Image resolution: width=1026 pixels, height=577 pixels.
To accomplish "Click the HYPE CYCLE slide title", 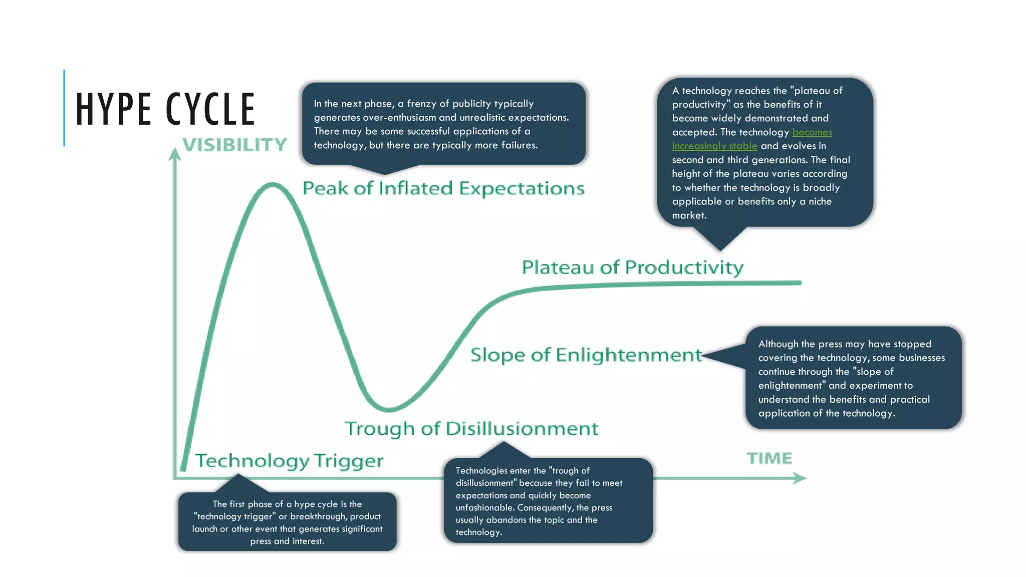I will tap(165, 109).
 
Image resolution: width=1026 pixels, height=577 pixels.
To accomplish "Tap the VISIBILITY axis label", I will tap(234, 145).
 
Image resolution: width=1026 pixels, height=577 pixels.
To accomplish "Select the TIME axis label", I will tap(769, 458).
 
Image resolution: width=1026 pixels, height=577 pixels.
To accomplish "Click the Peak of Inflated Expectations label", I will tap(443, 189).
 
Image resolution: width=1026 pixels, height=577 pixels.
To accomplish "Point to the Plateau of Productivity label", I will tap(632, 267).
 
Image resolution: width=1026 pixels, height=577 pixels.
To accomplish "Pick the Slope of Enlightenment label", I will tap(586, 355).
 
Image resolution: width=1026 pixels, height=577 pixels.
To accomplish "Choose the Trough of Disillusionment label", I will tap(471, 429).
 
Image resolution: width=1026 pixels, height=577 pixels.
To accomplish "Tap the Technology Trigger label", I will tap(289, 461).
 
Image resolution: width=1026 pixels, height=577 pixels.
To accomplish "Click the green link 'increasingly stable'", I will tap(714, 146).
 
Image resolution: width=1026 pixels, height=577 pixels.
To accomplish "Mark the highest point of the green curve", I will tap(273, 185).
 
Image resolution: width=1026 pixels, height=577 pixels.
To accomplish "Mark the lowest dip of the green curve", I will tap(389, 409).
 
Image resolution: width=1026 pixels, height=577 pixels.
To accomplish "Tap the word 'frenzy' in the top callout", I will tap(423, 104).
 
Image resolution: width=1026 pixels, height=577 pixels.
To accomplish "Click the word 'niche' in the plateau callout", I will tap(820, 201).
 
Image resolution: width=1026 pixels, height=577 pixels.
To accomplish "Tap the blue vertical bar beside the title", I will tap(64, 108).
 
